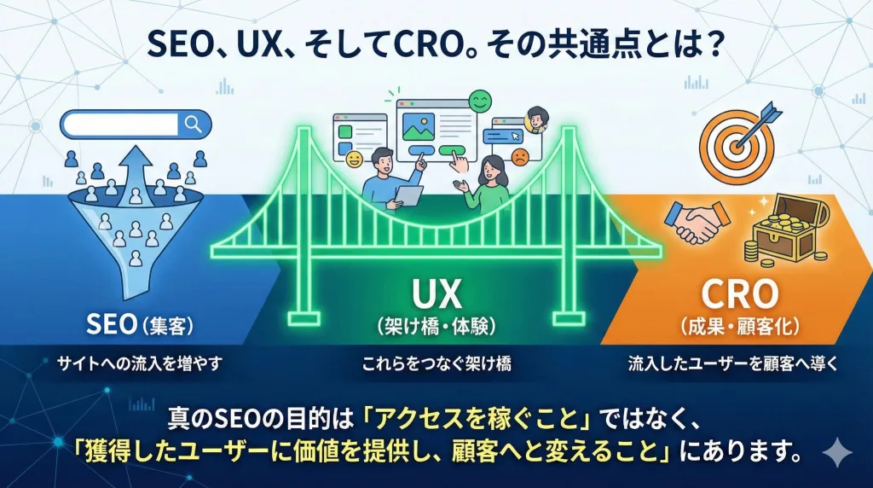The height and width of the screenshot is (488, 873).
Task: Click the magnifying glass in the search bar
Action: click(x=194, y=125)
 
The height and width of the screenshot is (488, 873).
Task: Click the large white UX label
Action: click(x=436, y=295)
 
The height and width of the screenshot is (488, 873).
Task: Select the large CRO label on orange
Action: click(x=739, y=295)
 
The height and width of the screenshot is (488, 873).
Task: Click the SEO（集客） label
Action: click(x=142, y=324)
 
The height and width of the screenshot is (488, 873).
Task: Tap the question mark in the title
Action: click(x=715, y=44)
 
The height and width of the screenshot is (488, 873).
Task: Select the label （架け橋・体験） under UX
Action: click(x=436, y=325)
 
